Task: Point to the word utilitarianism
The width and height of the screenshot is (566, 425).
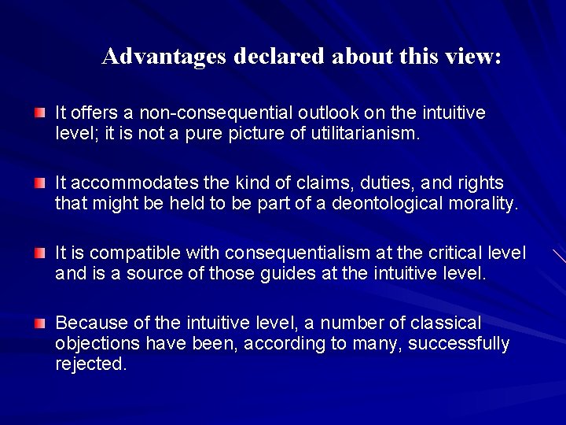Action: tap(365, 134)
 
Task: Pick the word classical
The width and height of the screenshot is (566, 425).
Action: tap(447, 323)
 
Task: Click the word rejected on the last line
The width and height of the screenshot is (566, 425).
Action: tap(90, 364)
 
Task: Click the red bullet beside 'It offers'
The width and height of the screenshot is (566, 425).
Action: tap(40, 113)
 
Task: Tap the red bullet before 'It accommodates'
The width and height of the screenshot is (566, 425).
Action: tap(40, 183)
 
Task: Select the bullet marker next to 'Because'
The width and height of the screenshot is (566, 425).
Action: tap(40, 323)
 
